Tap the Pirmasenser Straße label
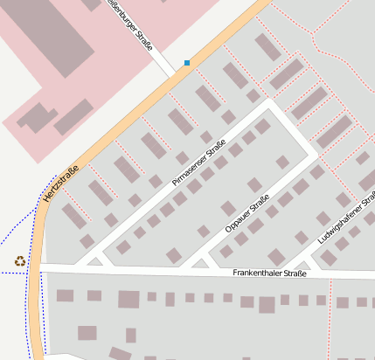pos(199,163)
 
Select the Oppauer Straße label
pos(247,214)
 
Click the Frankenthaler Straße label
pos(269,273)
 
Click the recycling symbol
pos(19,260)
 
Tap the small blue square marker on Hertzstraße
pos(187,63)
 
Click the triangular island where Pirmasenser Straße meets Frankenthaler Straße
pos(94,260)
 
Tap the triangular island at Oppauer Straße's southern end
pos(199,262)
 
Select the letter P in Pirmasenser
pos(175,183)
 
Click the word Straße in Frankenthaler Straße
pos(295,273)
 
